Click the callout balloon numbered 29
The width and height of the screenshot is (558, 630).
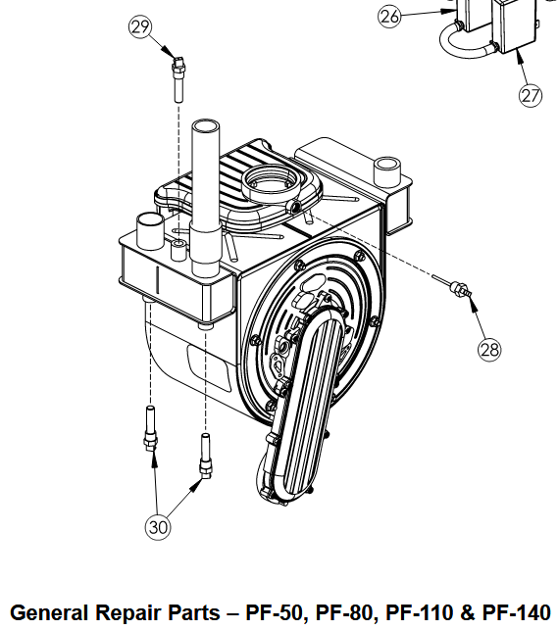pyautogui.click(x=140, y=26)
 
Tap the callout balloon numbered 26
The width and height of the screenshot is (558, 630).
pyautogui.click(x=389, y=17)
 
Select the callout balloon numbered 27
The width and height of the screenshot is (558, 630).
pyautogui.click(x=530, y=95)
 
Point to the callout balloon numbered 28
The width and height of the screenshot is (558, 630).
pyautogui.click(x=489, y=349)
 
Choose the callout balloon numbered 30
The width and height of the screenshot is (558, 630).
pyautogui.click(x=158, y=527)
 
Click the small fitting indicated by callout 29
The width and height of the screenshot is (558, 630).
pyautogui.click(x=178, y=79)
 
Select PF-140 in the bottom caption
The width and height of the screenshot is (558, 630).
pyautogui.click(x=516, y=612)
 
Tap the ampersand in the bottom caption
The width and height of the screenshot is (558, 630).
pyautogui.click(x=467, y=612)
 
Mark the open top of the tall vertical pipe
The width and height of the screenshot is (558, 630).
pyautogui.click(x=206, y=125)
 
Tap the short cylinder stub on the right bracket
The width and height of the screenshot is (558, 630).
pyautogui.click(x=387, y=171)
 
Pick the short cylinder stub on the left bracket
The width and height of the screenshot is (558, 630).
pyautogui.click(x=151, y=231)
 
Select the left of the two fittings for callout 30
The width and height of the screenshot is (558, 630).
pyautogui.click(x=150, y=428)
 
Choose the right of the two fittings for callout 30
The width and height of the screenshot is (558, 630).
pyautogui.click(x=205, y=456)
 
